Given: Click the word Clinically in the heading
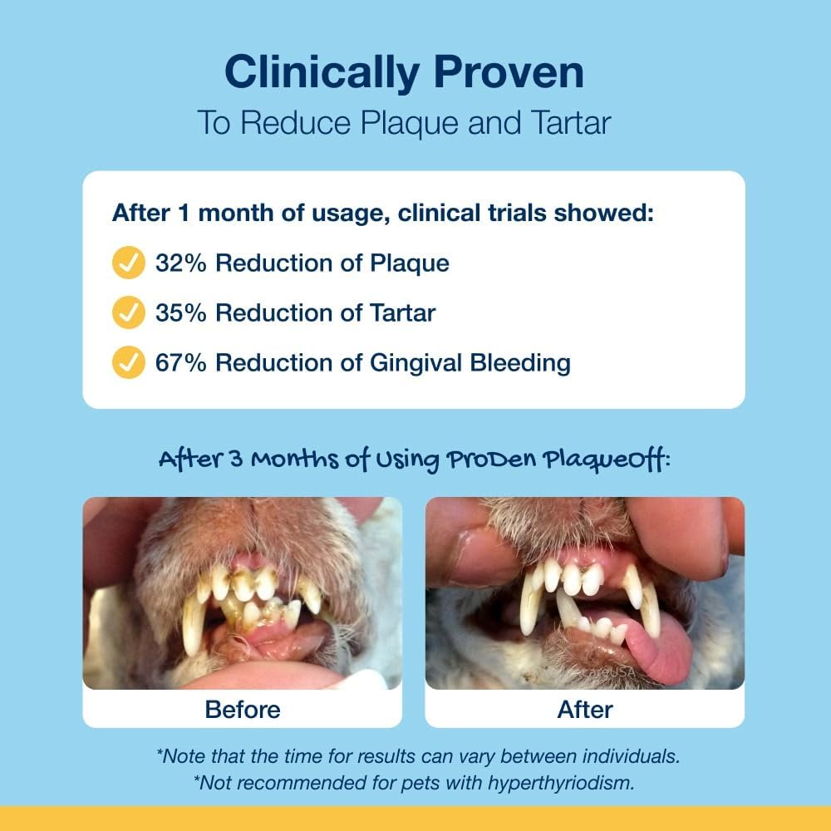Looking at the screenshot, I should pos(315,73).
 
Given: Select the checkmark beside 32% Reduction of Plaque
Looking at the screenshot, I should pos(128,263).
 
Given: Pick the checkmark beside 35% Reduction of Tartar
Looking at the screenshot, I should pos(128,312).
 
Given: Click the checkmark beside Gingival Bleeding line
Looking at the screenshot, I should pos(128,362).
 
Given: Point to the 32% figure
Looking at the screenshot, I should pos(179,263).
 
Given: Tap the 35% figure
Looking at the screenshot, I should pos(179,312).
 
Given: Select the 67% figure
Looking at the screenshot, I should pos(179,362).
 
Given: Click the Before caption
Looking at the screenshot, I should pos(242,710).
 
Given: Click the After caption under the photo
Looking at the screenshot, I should pos(584,710).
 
